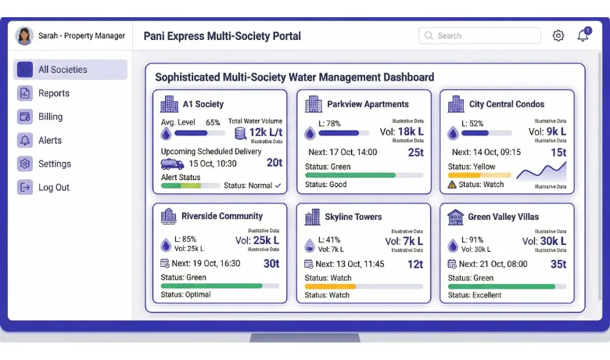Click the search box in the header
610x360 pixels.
pos(479,36)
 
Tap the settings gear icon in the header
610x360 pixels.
pos(558,36)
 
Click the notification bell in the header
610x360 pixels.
pos(583,36)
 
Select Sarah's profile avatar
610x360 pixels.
pos(24,36)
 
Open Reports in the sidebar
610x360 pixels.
pos(53,93)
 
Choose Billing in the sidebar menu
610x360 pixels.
pos(50,117)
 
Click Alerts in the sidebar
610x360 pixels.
pos(49,140)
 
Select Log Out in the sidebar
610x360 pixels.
pos(53,187)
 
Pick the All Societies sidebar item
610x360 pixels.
pos(63,70)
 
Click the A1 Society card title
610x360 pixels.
pos(203,104)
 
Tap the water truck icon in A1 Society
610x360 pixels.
pos(172,164)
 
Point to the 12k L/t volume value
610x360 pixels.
pos(265,132)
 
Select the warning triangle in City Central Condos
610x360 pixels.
pos(452,185)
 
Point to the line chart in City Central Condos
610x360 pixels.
pos(541,171)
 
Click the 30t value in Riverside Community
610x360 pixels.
pos(271,264)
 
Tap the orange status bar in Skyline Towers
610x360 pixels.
pos(330,286)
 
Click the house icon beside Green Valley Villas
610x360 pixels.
pos(455,217)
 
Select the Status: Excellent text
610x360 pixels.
pos(476,295)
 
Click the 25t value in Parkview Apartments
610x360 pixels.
pos(416,152)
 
